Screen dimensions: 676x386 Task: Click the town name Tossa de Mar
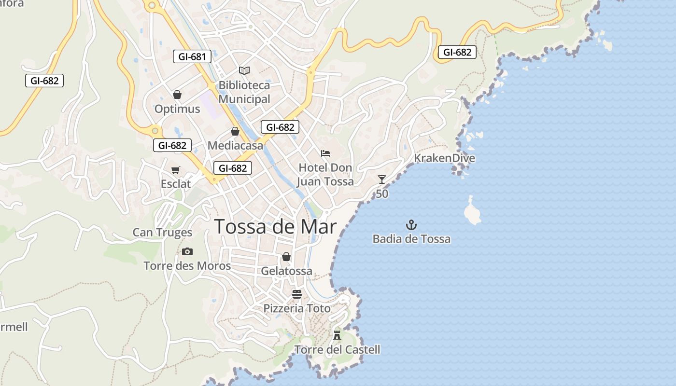275,226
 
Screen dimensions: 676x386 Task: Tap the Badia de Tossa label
411,239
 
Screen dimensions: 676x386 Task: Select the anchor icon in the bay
411,224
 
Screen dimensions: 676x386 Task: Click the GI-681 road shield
192,56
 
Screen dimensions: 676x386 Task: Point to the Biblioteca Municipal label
244,92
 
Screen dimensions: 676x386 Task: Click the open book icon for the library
244,71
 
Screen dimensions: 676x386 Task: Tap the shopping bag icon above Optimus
177,95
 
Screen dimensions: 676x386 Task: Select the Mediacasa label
236,145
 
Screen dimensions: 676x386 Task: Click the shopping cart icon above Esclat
176,170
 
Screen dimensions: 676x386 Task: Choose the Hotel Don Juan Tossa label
325,174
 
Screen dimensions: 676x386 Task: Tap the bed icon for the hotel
325,153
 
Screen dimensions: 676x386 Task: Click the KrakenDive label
444,158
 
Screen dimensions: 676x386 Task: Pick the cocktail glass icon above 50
382,179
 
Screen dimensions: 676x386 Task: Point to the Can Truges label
162,233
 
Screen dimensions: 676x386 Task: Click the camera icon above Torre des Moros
187,251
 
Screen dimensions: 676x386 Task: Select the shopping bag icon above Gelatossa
286,257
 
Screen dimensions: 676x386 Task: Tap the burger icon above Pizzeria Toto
297,294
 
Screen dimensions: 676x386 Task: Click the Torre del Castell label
337,350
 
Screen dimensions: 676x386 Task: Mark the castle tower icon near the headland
337,335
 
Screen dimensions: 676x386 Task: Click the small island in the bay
472,212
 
